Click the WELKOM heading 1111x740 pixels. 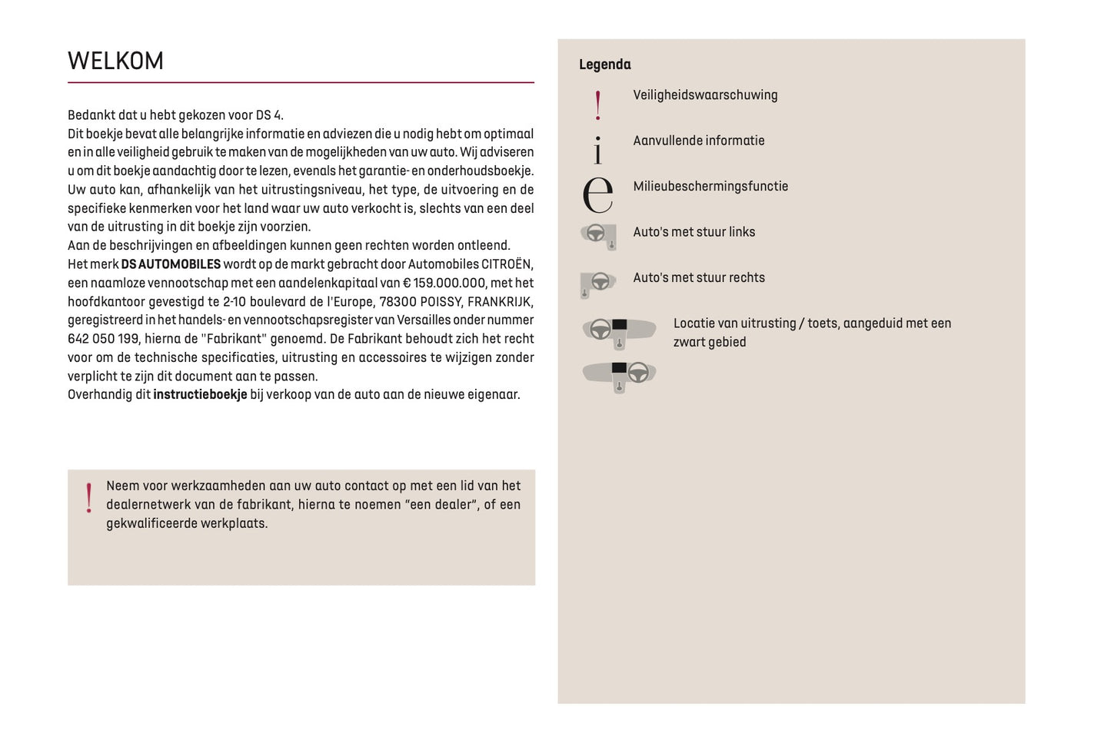(x=115, y=61)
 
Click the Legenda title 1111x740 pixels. (x=604, y=65)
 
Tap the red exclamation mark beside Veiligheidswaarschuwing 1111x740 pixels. (x=598, y=105)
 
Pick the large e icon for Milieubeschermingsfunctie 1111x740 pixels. (x=597, y=194)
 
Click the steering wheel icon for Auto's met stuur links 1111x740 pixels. (x=598, y=235)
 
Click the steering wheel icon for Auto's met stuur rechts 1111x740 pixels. (x=597, y=284)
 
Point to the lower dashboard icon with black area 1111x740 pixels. (x=619, y=375)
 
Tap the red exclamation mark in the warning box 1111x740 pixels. (x=89, y=498)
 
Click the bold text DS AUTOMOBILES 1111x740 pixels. (x=171, y=264)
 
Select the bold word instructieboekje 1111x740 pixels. (x=200, y=395)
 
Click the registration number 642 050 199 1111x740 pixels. (x=103, y=339)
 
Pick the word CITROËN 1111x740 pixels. (x=507, y=264)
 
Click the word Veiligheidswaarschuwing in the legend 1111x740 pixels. (x=705, y=95)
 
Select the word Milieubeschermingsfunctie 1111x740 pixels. (x=710, y=187)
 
